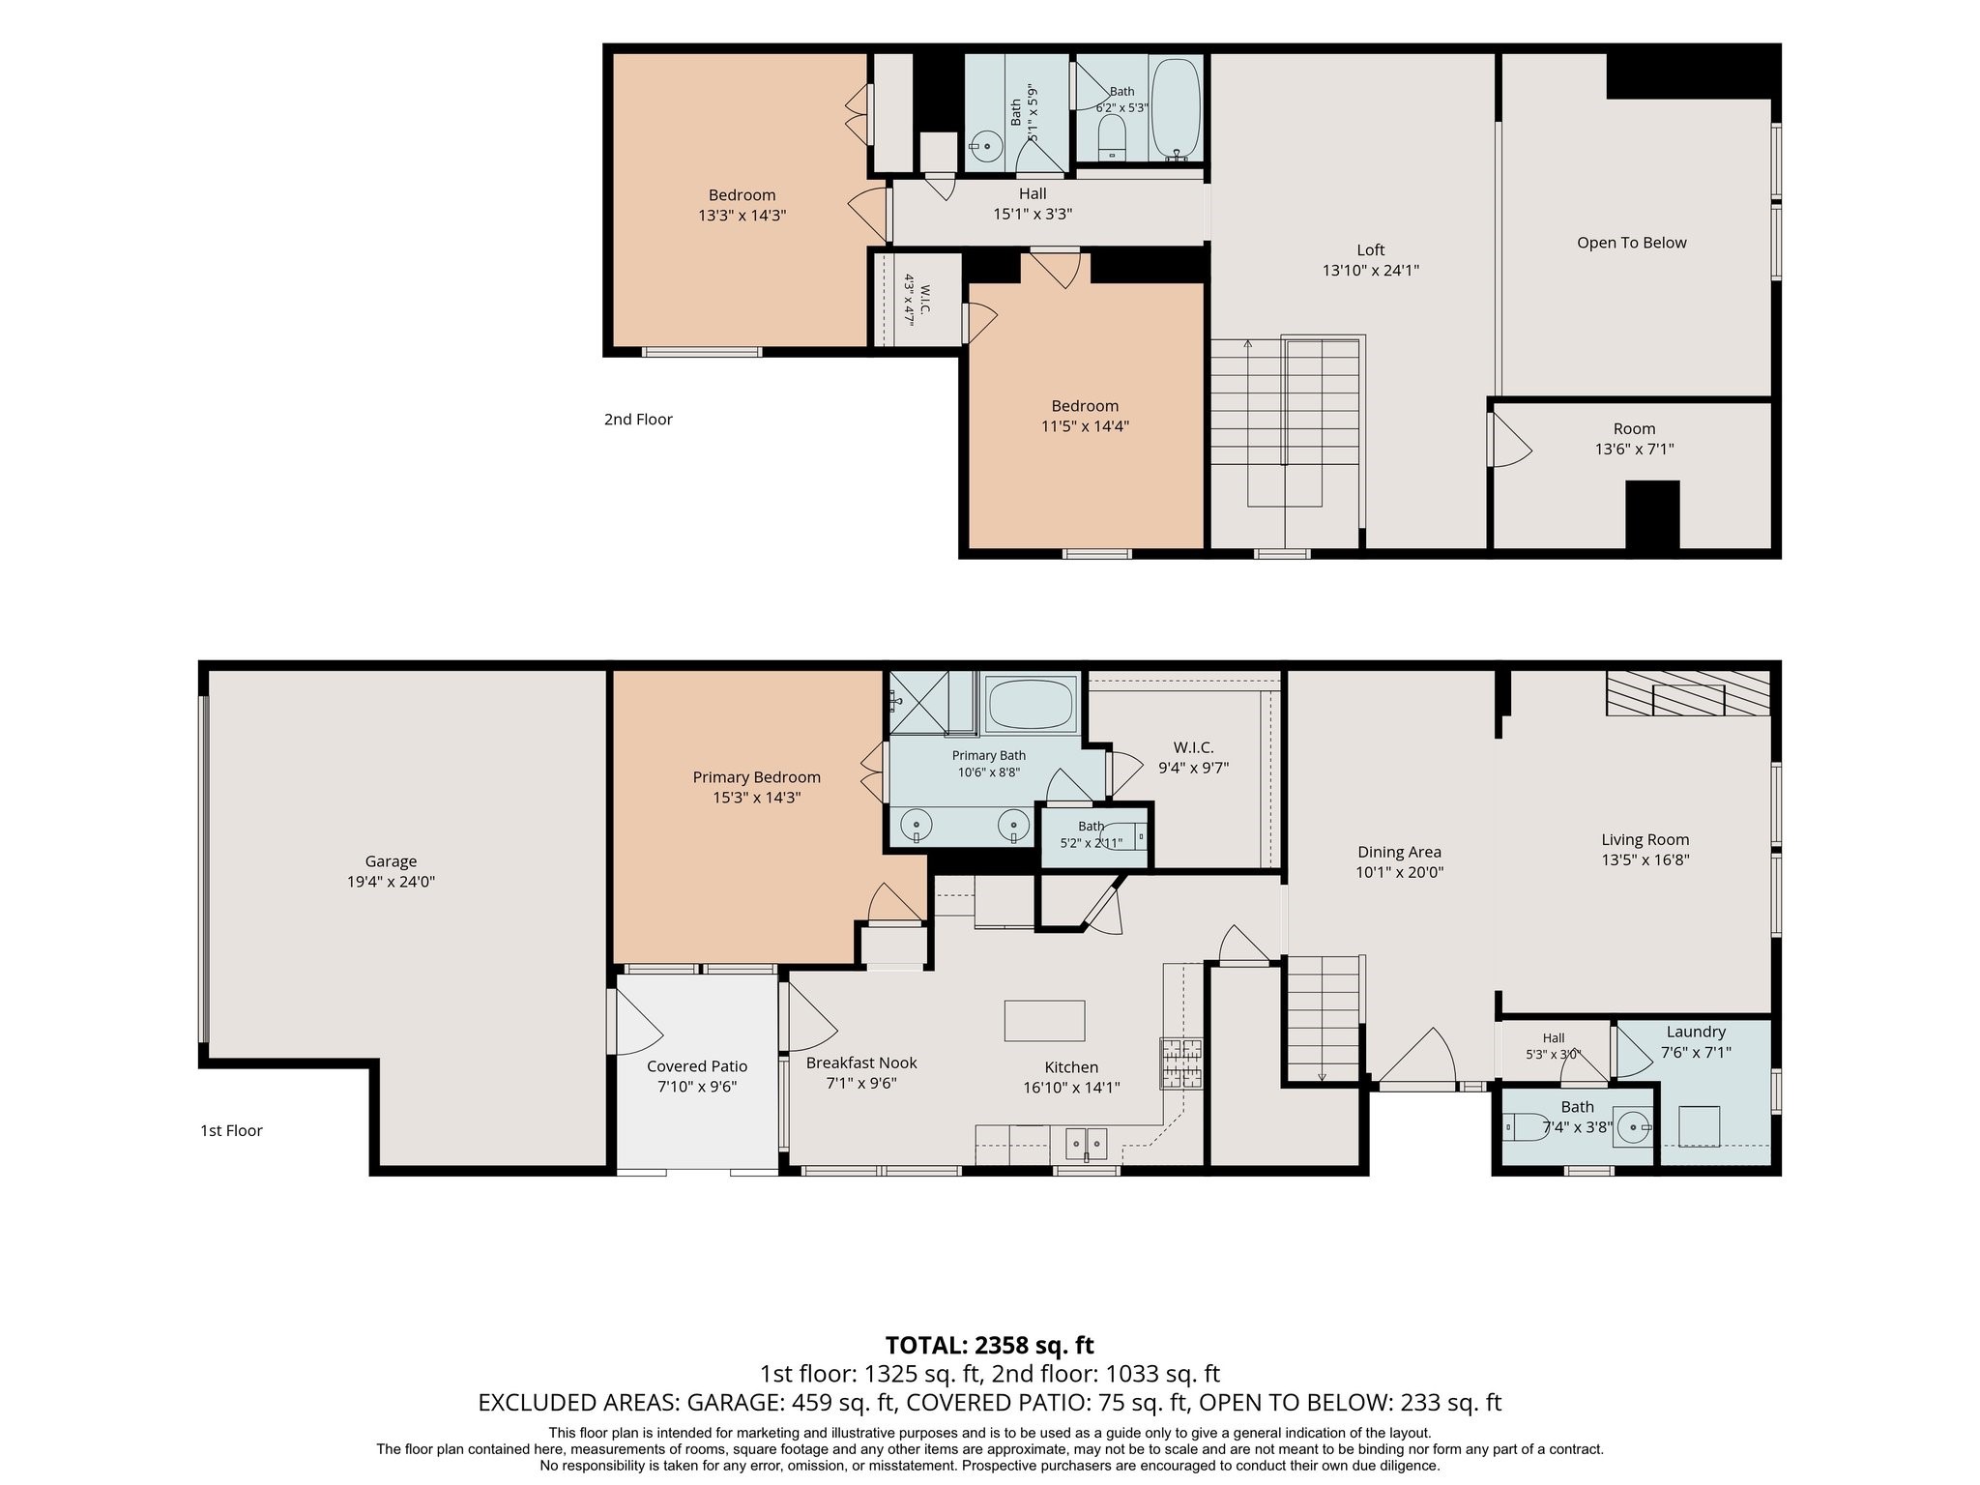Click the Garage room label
(x=391, y=861)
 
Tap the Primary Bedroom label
(x=756, y=777)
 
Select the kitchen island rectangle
(x=1044, y=1021)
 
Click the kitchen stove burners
(x=1181, y=1063)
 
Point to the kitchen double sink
(x=1087, y=1144)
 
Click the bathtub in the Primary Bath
(x=1031, y=704)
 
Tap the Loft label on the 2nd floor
(x=1370, y=249)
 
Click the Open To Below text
(x=1632, y=243)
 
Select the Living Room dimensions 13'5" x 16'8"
(x=1645, y=859)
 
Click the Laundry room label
(x=1696, y=1032)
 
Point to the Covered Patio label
(x=697, y=1066)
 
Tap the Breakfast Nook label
(x=861, y=1063)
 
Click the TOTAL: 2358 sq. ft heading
(x=990, y=1345)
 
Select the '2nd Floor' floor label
(x=638, y=419)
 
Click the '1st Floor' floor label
(x=231, y=1130)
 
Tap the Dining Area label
(x=1399, y=852)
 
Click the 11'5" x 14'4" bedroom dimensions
(x=1085, y=425)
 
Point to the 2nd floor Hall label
(x=1033, y=193)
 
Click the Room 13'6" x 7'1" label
(x=1634, y=439)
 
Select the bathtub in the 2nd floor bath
(x=1176, y=106)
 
